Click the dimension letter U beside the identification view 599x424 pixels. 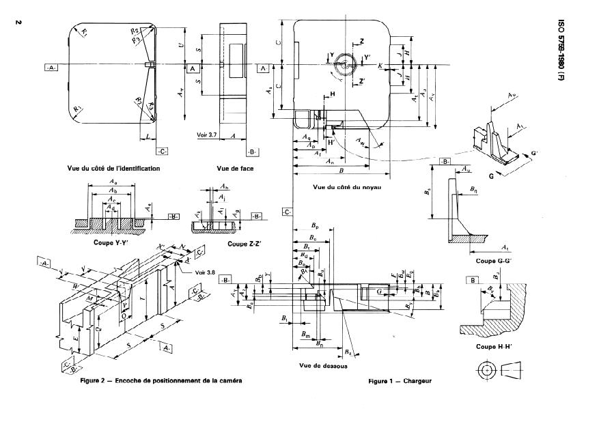180,46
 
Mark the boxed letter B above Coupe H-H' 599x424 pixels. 473,280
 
